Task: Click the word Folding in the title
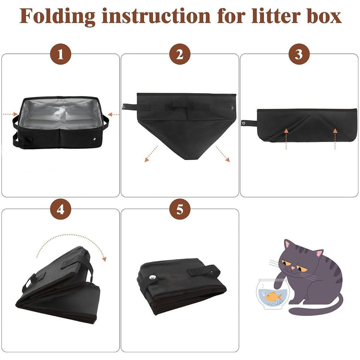[x=57, y=17]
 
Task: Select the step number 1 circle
[x=60, y=54]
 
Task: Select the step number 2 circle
[x=180, y=54]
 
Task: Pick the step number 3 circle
[x=299, y=54]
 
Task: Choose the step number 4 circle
[x=60, y=209]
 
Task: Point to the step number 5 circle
[x=180, y=209]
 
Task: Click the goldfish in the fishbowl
[x=274, y=296]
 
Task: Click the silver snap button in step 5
[x=152, y=277]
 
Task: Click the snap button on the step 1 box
[x=94, y=139]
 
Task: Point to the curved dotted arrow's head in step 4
[x=104, y=259]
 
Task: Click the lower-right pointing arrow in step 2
[x=223, y=154]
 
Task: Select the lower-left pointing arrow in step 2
[x=151, y=154]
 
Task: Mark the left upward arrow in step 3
[x=286, y=139]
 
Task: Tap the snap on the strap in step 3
[x=244, y=123]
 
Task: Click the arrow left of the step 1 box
[x=10, y=114]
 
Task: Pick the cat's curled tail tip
[x=291, y=311]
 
